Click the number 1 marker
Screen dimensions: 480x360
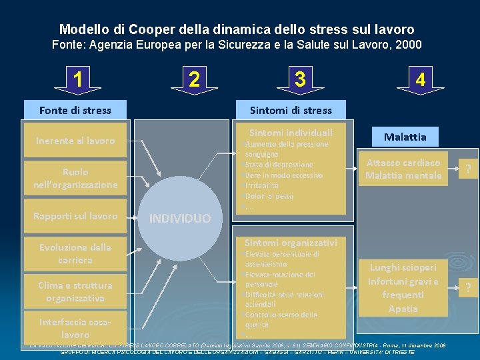click(79, 80)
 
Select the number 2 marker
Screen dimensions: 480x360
click(193, 79)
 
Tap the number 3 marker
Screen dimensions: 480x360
click(300, 79)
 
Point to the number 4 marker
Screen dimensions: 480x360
click(420, 80)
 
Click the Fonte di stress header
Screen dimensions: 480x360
click(75, 110)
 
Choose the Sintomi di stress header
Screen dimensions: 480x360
click(290, 110)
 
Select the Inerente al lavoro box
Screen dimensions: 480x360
click(75, 141)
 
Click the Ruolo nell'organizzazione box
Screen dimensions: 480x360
click(75, 178)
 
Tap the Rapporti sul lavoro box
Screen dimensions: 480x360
click(75, 216)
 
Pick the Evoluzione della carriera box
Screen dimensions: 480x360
click(75, 253)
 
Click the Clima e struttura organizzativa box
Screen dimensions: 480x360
click(75, 291)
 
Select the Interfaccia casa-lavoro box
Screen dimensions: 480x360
click(75, 328)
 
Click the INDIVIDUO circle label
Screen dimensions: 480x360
click(179, 219)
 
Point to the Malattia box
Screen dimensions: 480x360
click(405, 137)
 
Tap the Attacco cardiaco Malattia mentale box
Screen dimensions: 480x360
click(403, 169)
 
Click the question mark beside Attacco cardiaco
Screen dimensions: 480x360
click(469, 169)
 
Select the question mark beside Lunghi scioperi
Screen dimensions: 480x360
click(469, 288)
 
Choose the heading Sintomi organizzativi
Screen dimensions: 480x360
click(291, 243)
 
